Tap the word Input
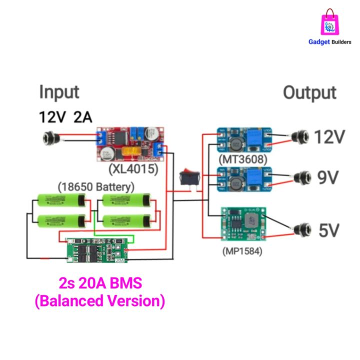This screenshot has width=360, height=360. pos(59,92)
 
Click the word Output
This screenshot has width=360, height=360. pos(309,93)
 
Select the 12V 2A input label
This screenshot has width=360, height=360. pos(65,117)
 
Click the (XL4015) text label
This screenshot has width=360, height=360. pos(134,169)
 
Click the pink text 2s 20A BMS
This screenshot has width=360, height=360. pos(100,283)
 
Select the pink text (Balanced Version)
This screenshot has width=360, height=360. pos(99,302)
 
